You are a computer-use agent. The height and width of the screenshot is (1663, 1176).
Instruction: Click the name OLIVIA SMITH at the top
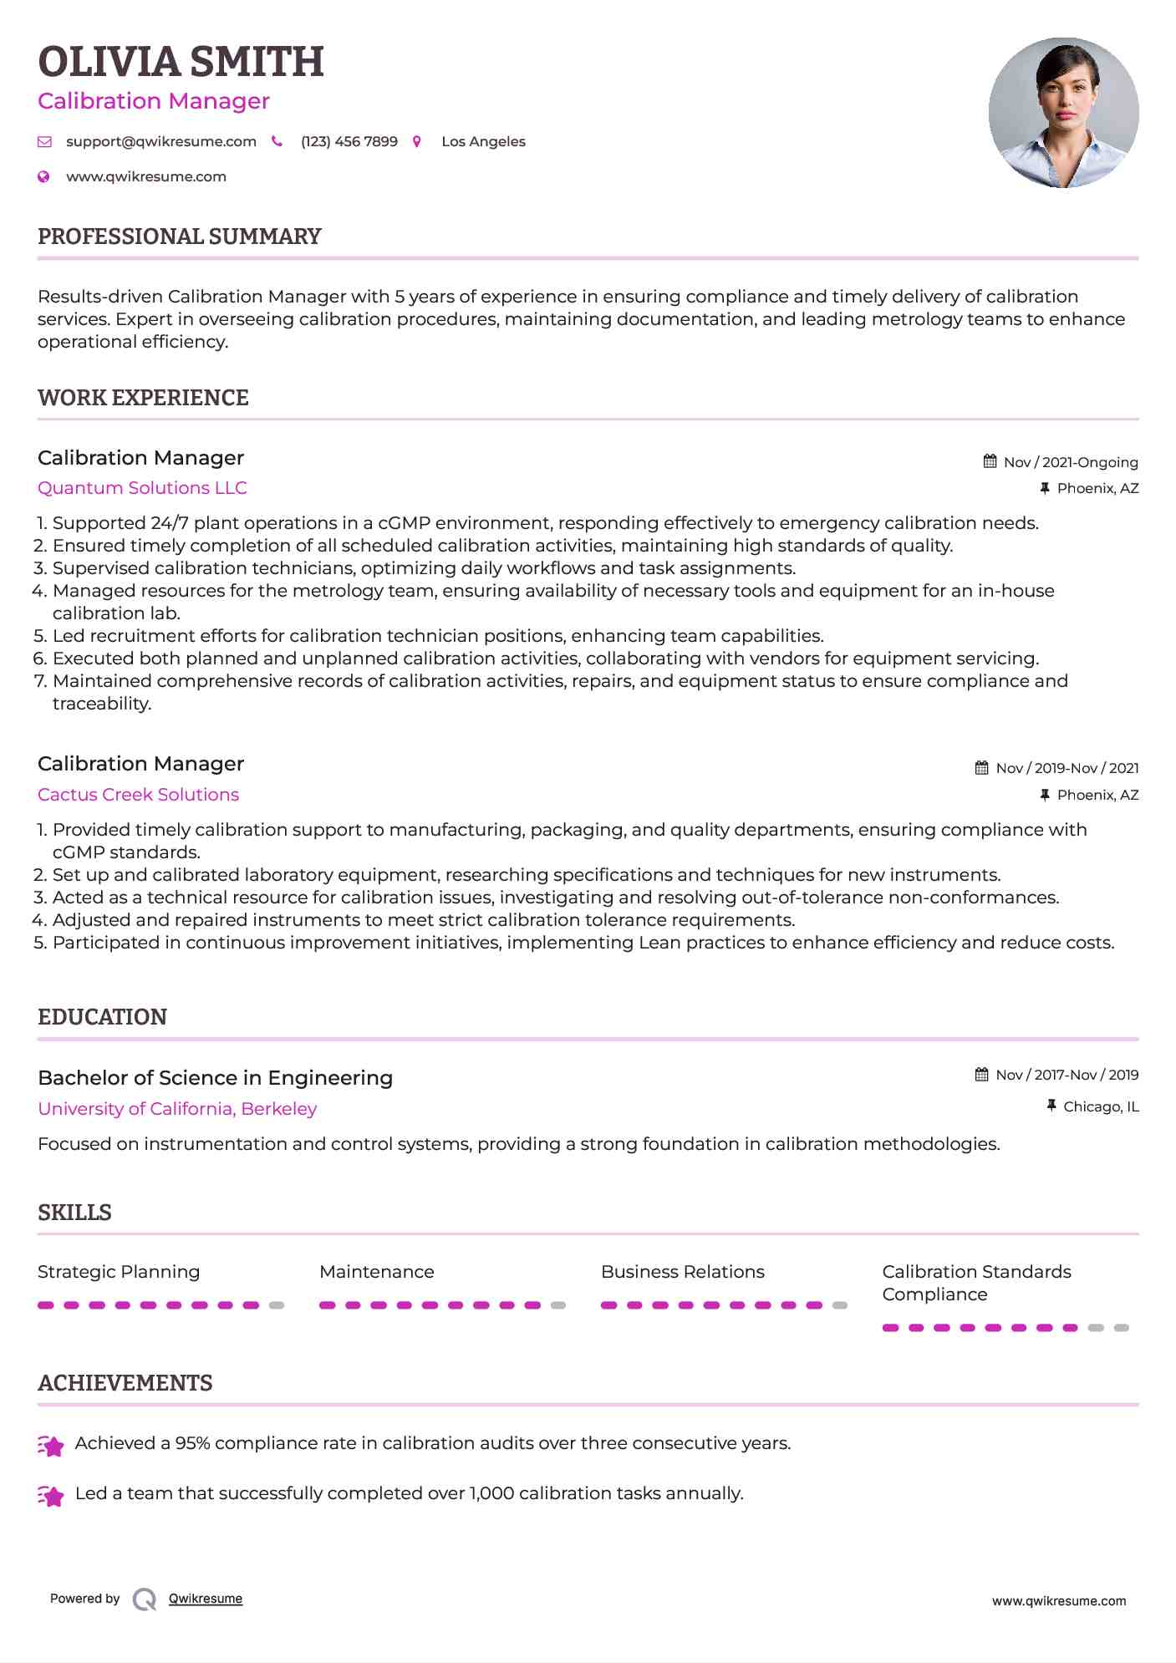[181, 62]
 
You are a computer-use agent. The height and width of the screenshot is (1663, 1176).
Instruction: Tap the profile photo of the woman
[1063, 113]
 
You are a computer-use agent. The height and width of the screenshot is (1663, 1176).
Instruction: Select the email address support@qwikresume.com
[161, 142]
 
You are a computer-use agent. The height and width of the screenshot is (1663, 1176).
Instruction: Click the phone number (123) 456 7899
[349, 142]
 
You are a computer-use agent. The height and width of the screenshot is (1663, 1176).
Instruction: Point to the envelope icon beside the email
[45, 142]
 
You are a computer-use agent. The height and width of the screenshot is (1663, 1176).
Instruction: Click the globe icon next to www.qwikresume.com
[44, 177]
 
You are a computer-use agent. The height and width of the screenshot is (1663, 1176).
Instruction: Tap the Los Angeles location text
[483, 142]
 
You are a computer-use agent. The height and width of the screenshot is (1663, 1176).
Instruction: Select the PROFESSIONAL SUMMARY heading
[180, 236]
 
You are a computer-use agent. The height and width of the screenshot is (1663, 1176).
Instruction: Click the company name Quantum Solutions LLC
[142, 488]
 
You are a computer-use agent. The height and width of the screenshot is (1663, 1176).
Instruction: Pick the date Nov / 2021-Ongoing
[1071, 462]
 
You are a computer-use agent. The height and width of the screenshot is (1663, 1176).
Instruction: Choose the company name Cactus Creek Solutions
[138, 795]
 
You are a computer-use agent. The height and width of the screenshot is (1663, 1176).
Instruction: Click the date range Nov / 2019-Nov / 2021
[1067, 768]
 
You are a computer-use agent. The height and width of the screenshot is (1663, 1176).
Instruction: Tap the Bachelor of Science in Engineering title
[215, 1078]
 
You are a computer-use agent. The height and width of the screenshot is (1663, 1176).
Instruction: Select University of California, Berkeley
[177, 1109]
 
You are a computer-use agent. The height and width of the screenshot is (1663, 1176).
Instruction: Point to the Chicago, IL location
[1101, 1106]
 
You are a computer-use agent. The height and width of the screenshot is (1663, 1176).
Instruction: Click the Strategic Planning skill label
[119, 1272]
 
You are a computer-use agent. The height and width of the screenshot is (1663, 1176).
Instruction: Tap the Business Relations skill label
[682, 1272]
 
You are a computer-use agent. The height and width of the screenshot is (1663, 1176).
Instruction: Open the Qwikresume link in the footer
[206, 1599]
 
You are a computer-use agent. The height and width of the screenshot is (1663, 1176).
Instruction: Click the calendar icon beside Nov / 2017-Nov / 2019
[982, 1075]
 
